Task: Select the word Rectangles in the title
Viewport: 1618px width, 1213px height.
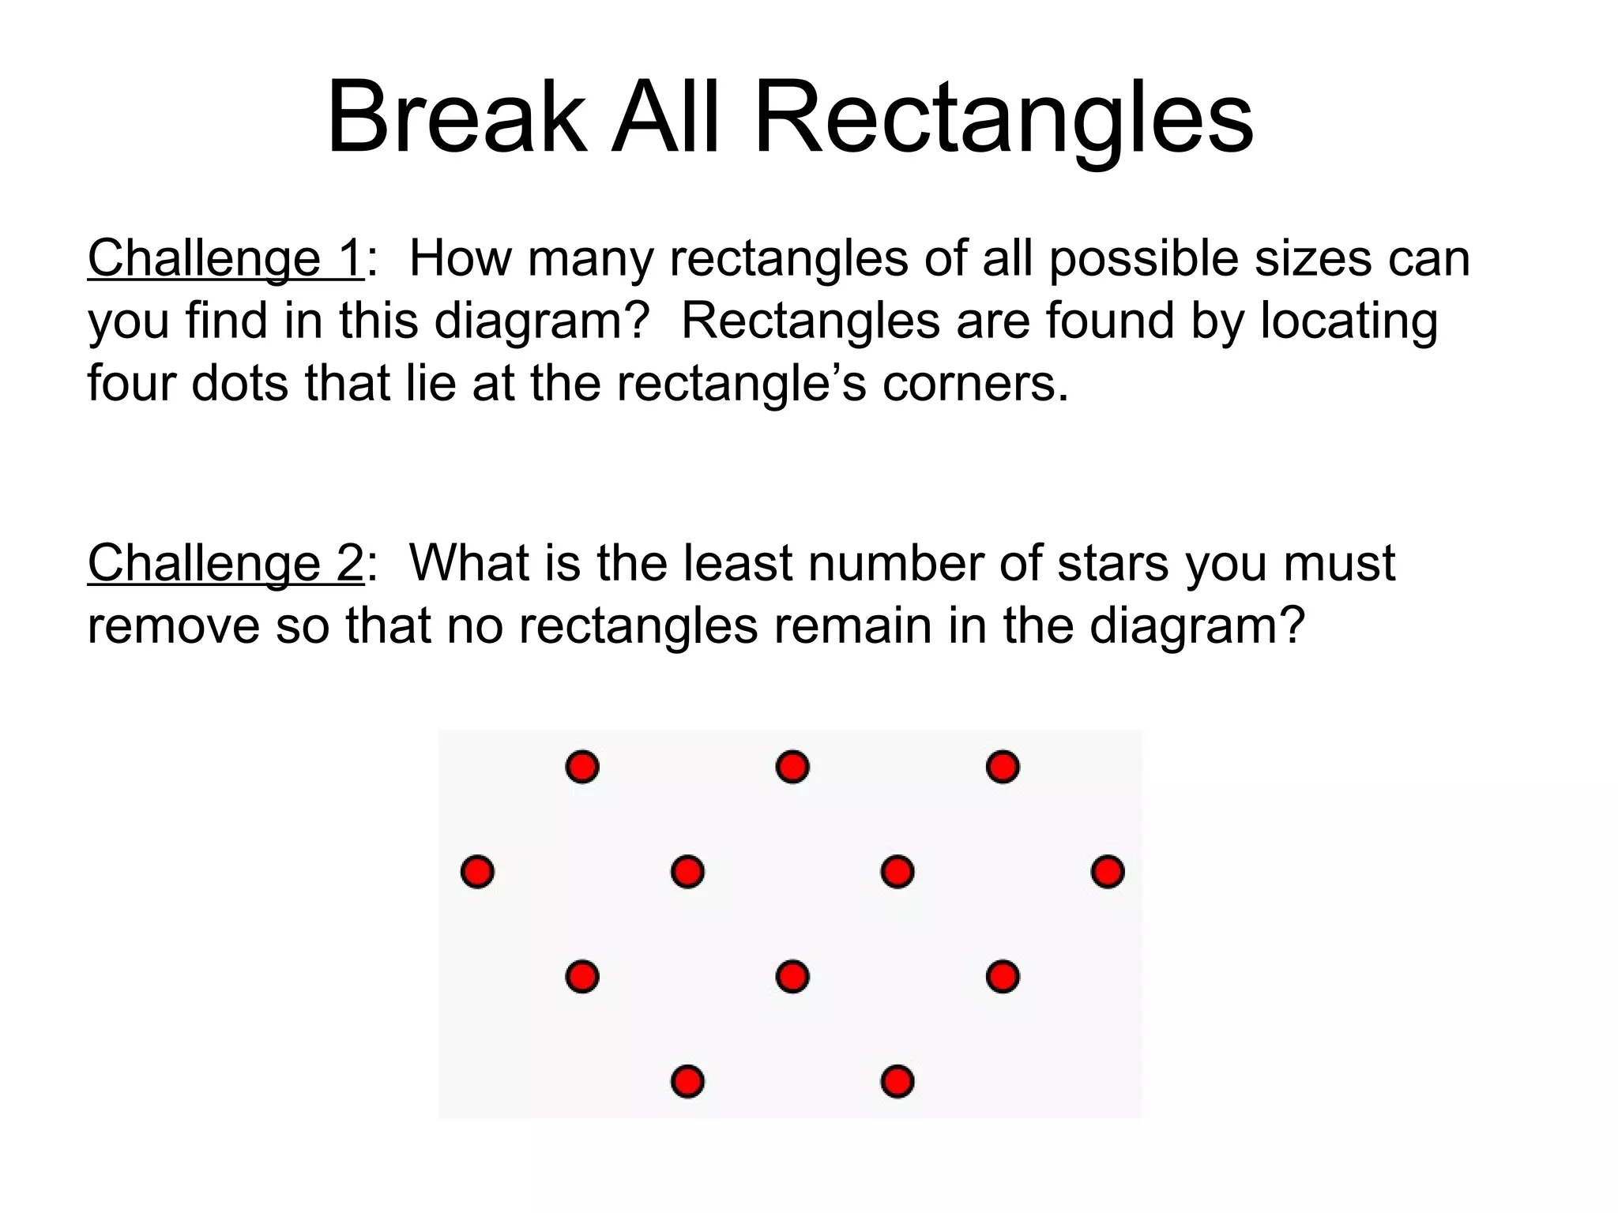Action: (1003, 118)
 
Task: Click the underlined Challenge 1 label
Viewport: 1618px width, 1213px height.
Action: (225, 258)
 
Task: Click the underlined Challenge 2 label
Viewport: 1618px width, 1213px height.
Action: (225, 563)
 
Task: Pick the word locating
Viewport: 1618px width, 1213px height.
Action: (1349, 321)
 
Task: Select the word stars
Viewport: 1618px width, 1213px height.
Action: (1112, 563)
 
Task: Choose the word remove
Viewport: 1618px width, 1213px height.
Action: (173, 625)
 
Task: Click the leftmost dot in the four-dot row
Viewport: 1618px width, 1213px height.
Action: (477, 872)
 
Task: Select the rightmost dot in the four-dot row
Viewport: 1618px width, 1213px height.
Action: (1108, 872)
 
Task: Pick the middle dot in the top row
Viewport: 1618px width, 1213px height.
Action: (792, 767)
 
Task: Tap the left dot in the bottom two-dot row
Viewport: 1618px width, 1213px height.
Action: (687, 1081)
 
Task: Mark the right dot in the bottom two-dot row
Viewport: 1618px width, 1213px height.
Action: (897, 1081)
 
